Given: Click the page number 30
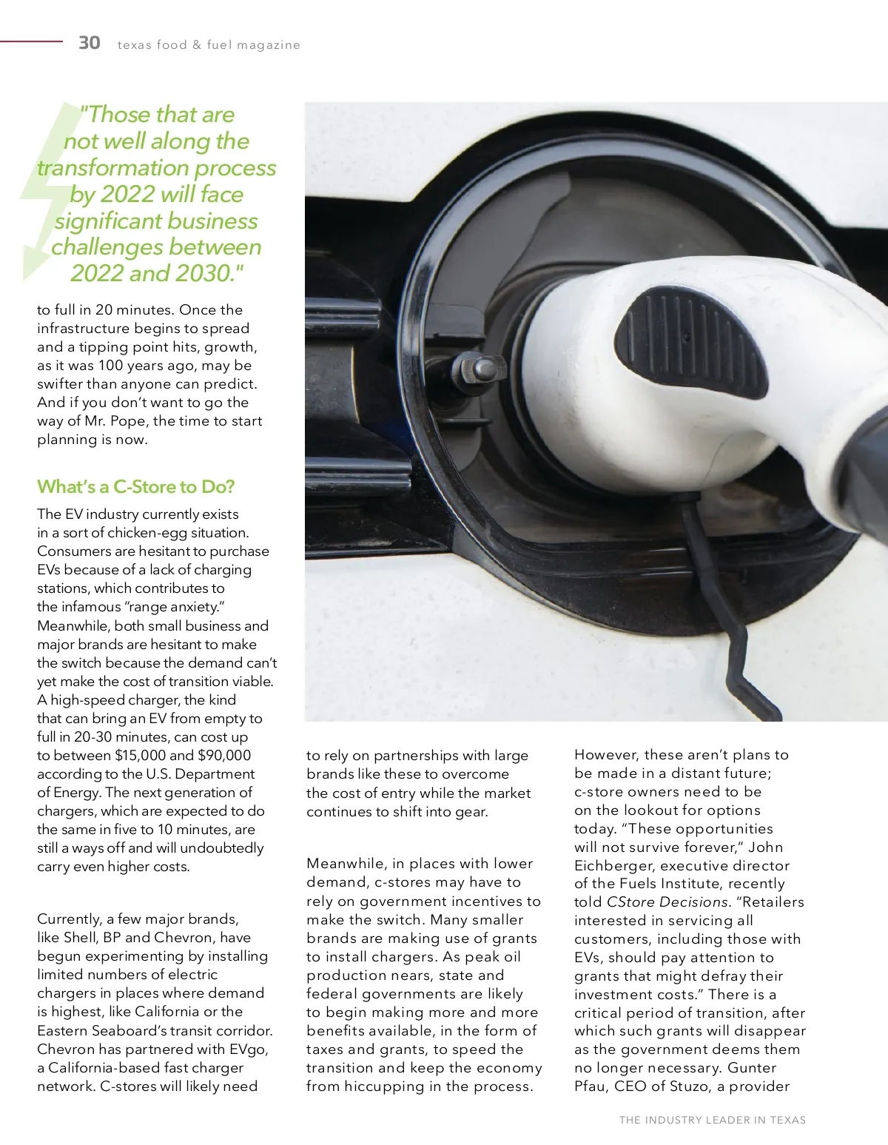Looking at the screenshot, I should [x=90, y=43].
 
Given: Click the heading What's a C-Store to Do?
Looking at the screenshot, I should [x=135, y=487].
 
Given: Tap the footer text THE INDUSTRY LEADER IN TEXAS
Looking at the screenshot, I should [x=712, y=1120].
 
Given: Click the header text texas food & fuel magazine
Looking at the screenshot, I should [x=209, y=45].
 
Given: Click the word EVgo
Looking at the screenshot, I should [x=246, y=1050].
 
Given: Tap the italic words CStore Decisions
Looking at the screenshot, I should [x=667, y=902].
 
